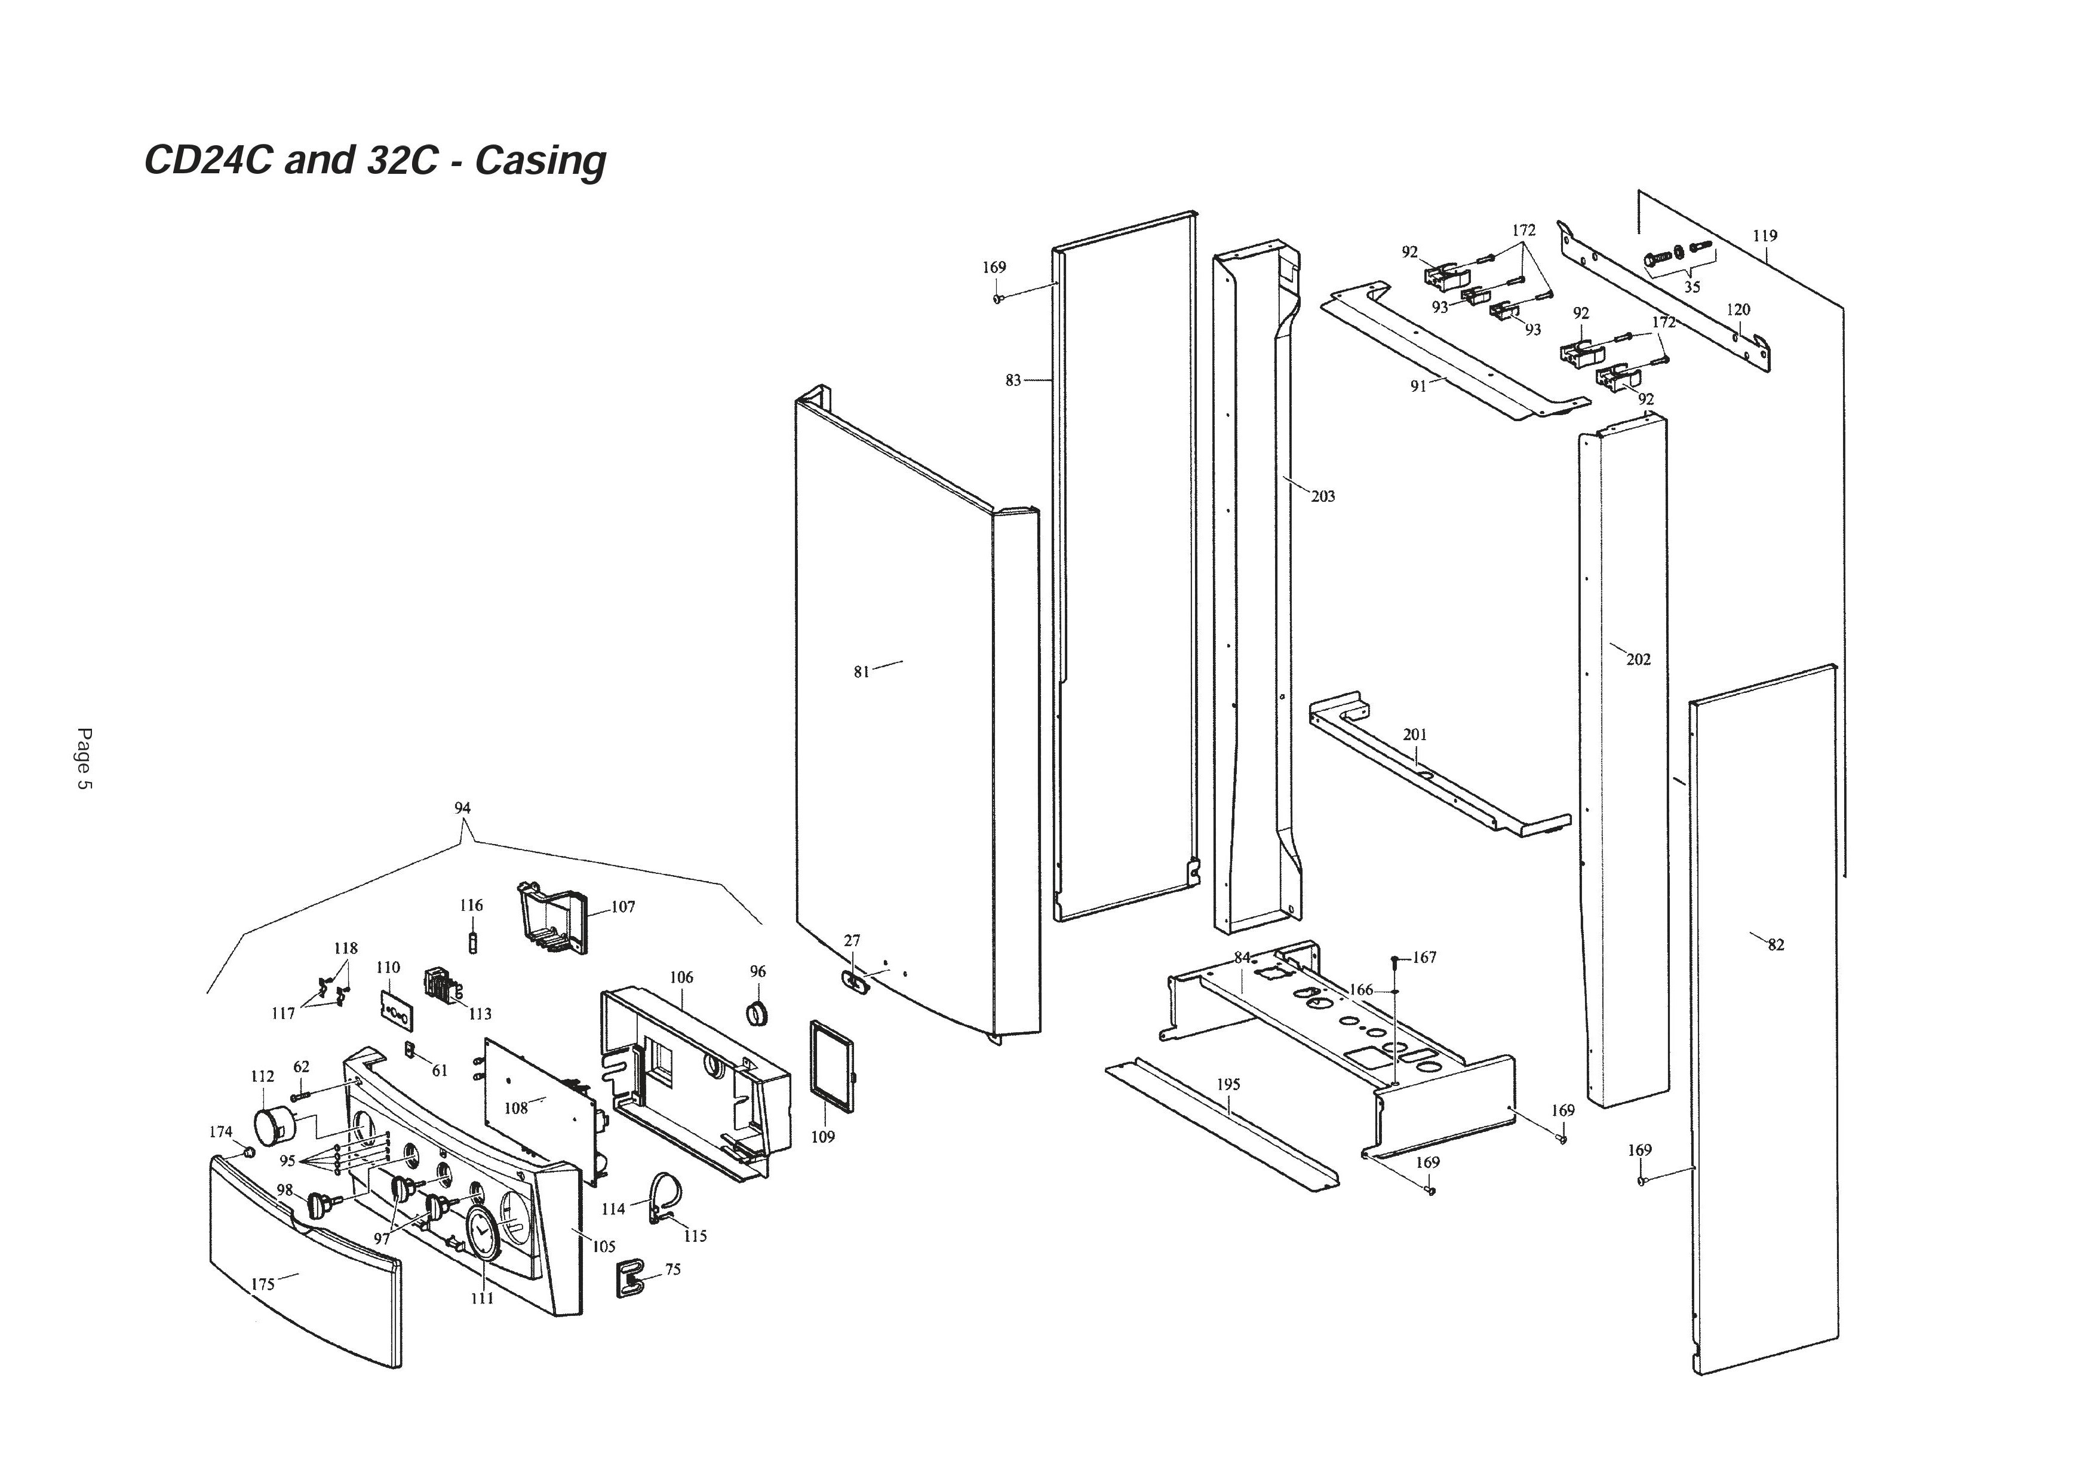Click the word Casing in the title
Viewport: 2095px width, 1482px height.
tap(540, 161)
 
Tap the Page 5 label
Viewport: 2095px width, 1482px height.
tap(84, 759)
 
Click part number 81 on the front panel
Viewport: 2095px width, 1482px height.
tap(861, 671)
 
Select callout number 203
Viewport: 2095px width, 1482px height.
tap(1322, 496)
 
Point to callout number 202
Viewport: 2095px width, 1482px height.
tap(1638, 659)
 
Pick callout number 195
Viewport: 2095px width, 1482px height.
tap(1228, 1085)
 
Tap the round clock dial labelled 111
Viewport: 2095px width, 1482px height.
tap(481, 1233)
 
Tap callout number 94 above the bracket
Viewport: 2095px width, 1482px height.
tap(463, 808)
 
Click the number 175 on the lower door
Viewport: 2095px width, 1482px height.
tap(263, 1284)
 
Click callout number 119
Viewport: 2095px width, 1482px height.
tap(1765, 235)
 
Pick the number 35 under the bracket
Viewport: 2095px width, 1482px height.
tap(1692, 287)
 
